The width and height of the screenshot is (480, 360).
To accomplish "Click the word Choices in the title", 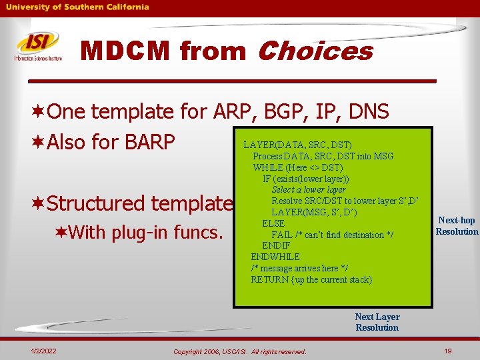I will pyautogui.click(x=314, y=51).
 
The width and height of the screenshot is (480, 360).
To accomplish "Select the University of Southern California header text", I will pyautogui.click(x=78, y=7).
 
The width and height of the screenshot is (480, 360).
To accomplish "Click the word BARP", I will pyautogui.click(x=147, y=142).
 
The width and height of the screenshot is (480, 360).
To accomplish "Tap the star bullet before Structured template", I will pyautogui.click(x=39, y=203).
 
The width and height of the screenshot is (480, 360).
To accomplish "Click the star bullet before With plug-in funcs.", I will pyautogui.click(x=61, y=232).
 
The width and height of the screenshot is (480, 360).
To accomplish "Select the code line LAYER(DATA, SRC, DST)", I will pyautogui.click(x=297, y=145).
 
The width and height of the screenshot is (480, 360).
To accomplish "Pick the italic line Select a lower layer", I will pyautogui.click(x=309, y=189).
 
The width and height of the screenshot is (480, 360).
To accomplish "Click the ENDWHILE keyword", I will pyautogui.click(x=275, y=257).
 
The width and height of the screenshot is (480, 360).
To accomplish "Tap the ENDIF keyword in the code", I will pyautogui.click(x=276, y=245).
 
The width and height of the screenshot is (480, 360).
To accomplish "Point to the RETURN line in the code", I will pyautogui.click(x=311, y=279).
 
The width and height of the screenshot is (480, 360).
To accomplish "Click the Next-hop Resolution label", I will pyautogui.click(x=457, y=226).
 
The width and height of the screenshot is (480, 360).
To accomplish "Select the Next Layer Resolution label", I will pyautogui.click(x=377, y=322).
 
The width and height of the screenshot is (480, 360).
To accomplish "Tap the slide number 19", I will pyautogui.click(x=447, y=351).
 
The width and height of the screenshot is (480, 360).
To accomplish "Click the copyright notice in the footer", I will pyautogui.click(x=239, y=351).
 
